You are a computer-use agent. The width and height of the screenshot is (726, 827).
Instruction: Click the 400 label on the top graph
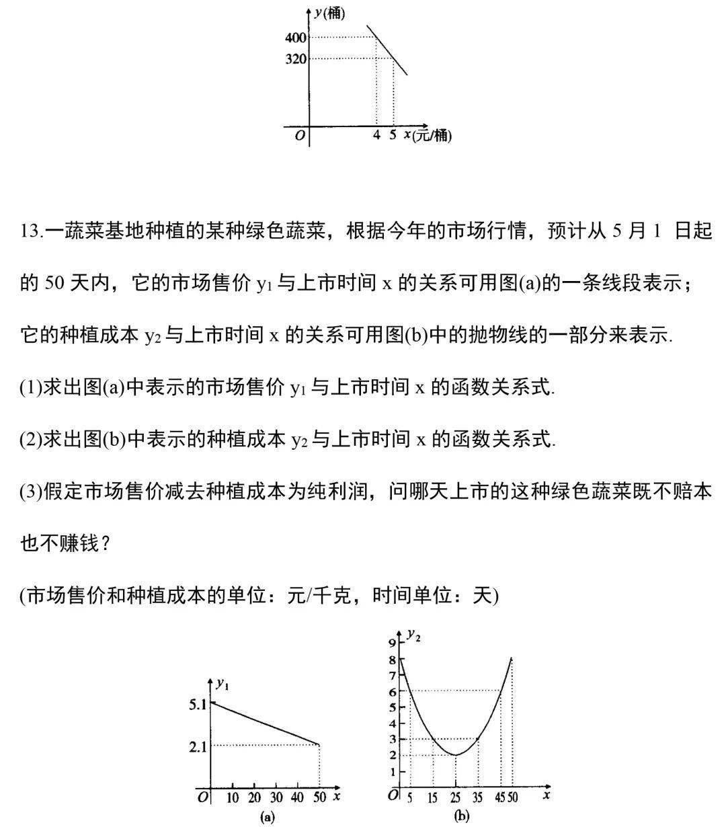click(295, 37)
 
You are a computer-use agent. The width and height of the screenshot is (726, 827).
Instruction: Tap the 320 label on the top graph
click(295, 58)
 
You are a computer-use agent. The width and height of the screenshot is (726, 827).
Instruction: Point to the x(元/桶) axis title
click(427, 135)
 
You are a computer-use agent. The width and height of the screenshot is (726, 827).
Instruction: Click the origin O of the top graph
click(300, 136)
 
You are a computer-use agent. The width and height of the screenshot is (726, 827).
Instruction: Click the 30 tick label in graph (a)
click(276, 798)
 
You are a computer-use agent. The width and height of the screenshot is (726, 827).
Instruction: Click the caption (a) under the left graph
click(267, 818)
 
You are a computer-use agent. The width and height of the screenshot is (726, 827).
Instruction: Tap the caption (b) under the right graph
click(461, 817)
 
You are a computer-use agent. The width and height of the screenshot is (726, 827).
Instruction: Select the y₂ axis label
click(414, 634)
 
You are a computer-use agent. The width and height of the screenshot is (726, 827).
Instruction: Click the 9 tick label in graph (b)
click(393, 642)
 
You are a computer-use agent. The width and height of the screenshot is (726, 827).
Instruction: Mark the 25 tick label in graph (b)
click(456, 798)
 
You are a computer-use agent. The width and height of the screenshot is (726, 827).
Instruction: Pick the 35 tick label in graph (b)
click(479, 798)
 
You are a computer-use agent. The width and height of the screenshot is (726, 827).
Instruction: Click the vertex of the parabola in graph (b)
click(456, 755)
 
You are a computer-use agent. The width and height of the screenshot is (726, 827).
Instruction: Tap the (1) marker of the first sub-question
click(31, 388)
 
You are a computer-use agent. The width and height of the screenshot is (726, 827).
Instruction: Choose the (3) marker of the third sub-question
click(31, 491)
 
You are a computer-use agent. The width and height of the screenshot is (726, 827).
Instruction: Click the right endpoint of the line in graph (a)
click(319, 744)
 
